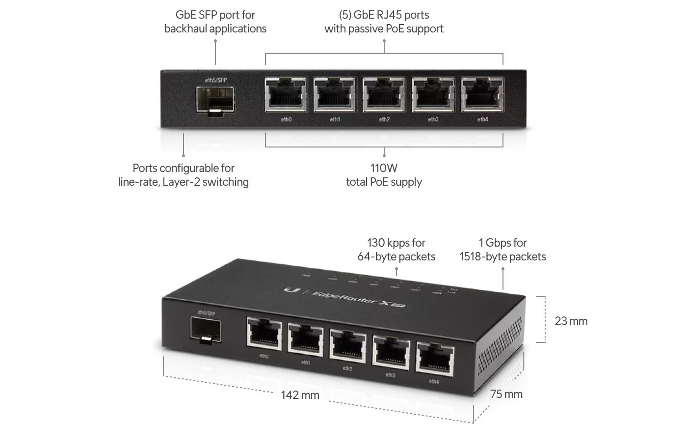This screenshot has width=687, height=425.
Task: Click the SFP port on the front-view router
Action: (215, 101)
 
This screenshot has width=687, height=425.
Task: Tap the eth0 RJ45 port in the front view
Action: (286, 95)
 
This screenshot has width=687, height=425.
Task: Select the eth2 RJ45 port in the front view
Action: (384, 95)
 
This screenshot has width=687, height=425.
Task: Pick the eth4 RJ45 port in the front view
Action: (482, 95)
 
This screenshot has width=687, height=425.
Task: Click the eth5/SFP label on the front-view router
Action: (216, 80)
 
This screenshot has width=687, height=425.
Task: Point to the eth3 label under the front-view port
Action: (433, 119)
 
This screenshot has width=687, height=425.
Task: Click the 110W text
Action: (384, 169)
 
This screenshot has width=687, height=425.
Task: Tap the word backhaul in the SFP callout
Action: (186, 28)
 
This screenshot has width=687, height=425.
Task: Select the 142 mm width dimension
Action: (300, 395)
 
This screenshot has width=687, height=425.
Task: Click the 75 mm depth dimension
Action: (506, 394)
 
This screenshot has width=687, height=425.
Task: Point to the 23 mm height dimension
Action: (571, 321)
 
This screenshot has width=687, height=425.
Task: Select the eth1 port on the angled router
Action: (306, 340)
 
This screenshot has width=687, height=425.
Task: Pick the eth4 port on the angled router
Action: (435, 358)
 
